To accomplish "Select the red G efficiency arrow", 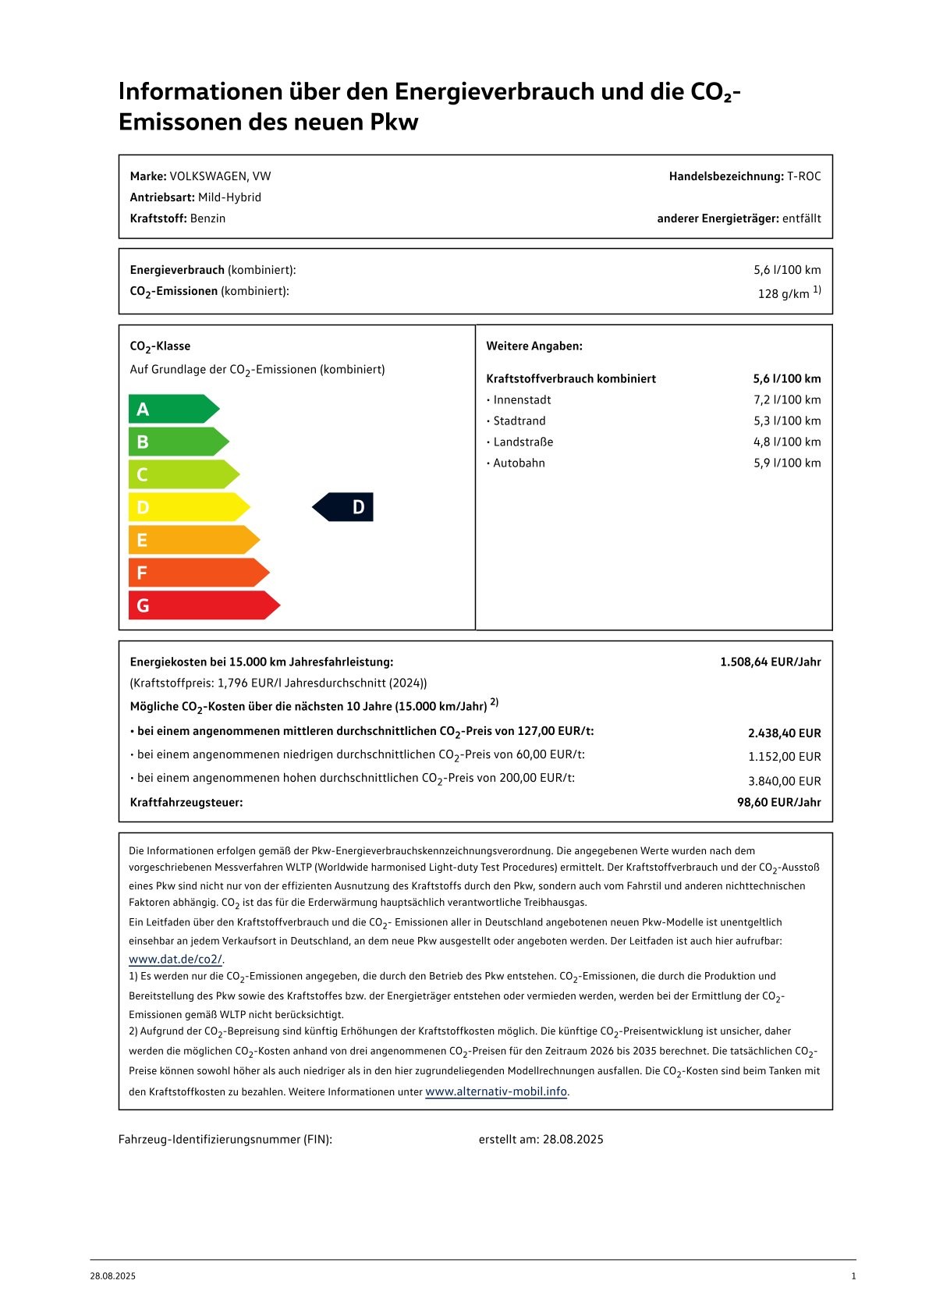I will pos(203,605).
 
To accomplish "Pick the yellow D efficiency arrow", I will pos(188,507).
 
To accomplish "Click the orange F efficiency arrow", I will pos(198,573).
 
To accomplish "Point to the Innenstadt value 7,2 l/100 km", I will pos(786,399).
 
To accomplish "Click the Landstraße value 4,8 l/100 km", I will pos(786,442).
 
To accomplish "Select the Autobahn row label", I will pos(519,463).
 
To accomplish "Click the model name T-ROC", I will pos(803,176).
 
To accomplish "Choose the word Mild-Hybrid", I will pos(229,197).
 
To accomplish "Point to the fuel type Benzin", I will pos(207,218).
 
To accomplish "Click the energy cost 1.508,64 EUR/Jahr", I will pos(770,662).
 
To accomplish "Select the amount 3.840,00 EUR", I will pos(784,781).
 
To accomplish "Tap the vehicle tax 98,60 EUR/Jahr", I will pos(778,802).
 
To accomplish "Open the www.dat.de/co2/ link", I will pos(176,960).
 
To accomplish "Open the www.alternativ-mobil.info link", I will pos(496,1091).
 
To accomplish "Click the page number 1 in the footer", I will pos(853,1276).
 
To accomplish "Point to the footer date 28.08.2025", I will pos(112,1276).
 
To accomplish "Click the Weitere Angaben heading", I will pos(534,346).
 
